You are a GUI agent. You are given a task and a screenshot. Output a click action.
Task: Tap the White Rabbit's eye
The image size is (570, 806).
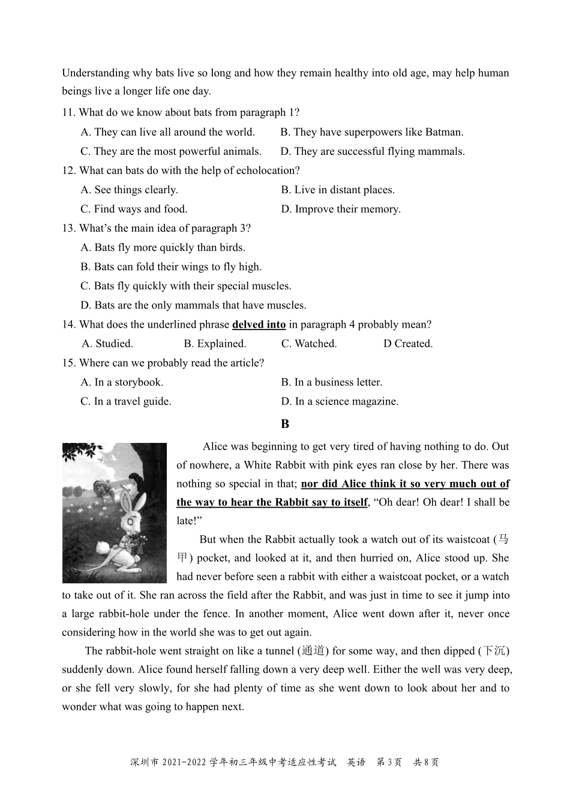click(x=130, y=522)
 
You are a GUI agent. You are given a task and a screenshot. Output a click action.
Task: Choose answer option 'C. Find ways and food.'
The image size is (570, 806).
click(x=134, y=209)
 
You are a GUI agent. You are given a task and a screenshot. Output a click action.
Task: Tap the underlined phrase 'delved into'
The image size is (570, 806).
click(x=259, y=325)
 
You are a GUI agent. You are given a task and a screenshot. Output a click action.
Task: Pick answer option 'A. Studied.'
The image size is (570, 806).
click(x=107, y=344)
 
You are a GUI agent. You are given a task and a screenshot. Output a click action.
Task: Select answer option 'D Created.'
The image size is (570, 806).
click(x=408, y=344)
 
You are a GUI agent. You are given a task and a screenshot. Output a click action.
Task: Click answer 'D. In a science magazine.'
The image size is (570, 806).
click(x=340, y=401)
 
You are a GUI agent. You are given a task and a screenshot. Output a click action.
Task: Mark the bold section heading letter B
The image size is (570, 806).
click(x=285, y=424)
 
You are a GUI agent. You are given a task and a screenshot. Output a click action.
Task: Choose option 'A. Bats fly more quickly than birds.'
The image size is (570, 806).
click(x=163, y=247)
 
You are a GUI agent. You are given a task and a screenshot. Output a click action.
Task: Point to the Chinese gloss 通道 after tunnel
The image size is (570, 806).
click(x=312, y=651)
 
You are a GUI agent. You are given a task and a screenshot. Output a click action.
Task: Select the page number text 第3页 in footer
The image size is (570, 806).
click(x=389, y=762)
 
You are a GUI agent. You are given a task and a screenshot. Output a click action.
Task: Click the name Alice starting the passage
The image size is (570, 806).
click(x=216, y=447)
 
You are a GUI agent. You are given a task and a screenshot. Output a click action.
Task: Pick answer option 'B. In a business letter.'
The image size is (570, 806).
click(x=331, y=382)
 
